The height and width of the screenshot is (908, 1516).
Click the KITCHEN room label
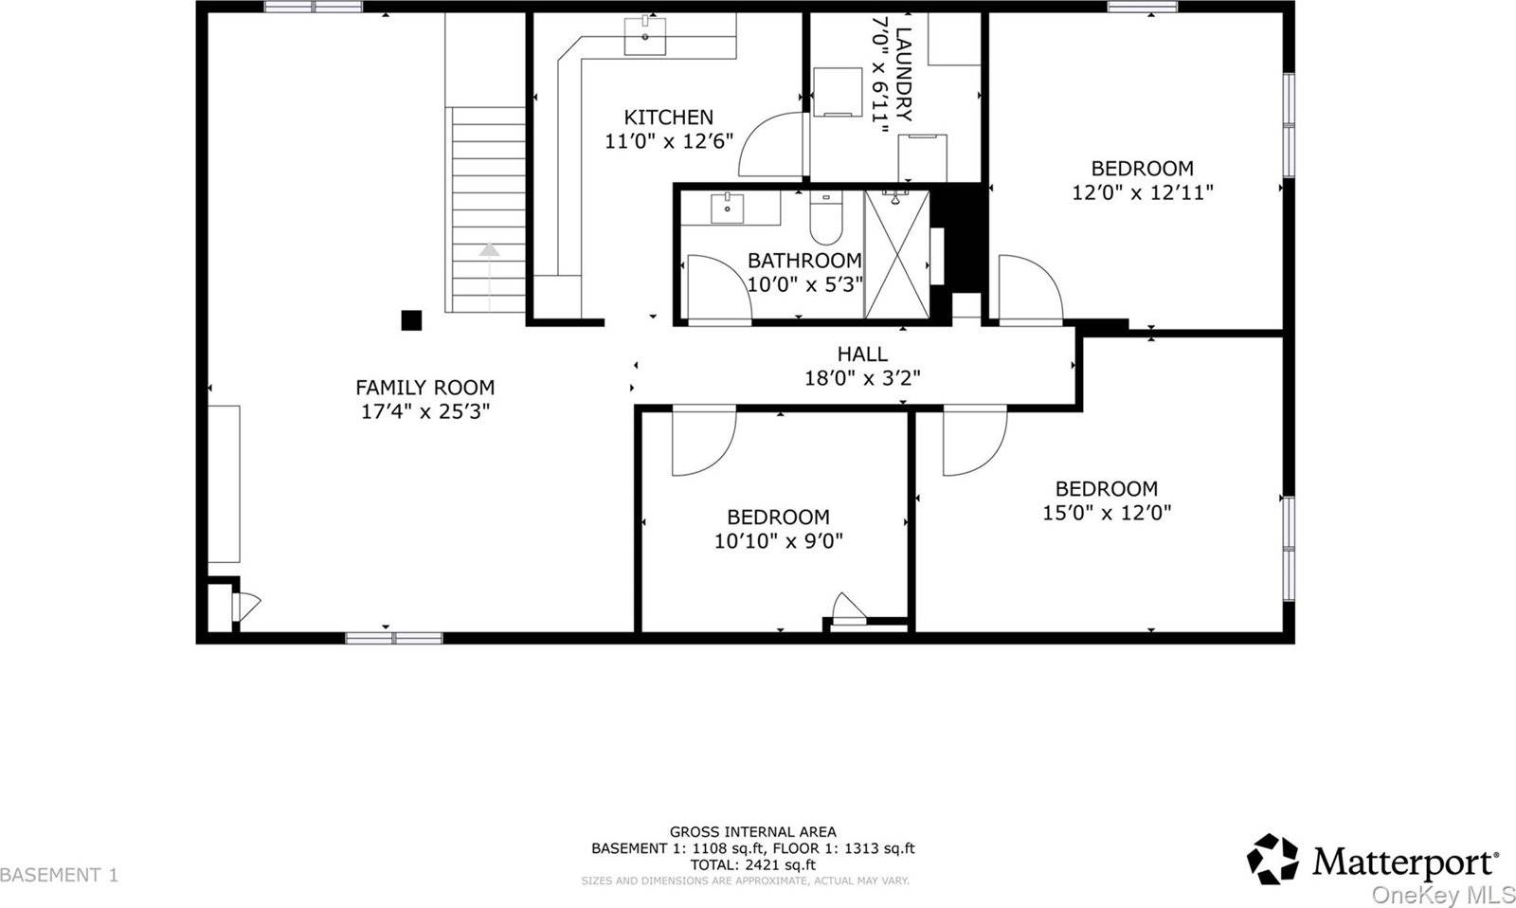[668, 118]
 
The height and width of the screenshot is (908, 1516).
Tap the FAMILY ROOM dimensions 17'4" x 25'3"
[424, 411]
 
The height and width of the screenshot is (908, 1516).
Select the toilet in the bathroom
[826, 221]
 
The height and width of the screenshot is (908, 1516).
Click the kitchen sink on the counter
[646, 36]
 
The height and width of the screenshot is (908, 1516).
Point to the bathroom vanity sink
[728, 207]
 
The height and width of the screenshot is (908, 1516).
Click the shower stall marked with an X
[896, 254]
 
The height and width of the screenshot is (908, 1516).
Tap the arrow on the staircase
[489, 251]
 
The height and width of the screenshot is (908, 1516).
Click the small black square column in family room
[411, 320]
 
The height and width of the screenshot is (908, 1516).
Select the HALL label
[861, 354]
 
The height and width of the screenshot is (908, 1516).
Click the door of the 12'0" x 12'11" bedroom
[1031, 289]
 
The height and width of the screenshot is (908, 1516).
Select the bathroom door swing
[717, 289]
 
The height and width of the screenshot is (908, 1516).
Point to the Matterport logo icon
[1272, 859]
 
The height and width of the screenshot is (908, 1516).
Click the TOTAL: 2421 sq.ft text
[752, 864]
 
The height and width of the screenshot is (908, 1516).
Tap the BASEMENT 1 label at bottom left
[60, 874]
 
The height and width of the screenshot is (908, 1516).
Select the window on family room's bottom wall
[393, 638]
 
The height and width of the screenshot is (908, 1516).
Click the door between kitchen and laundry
[773, 142]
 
